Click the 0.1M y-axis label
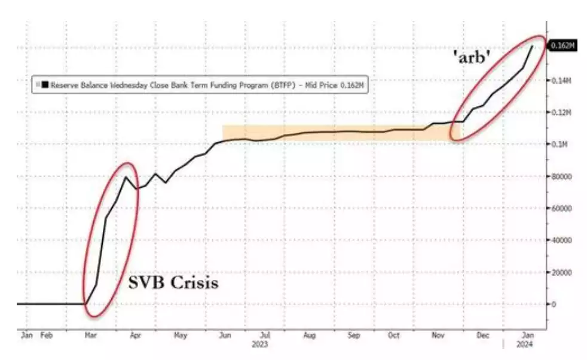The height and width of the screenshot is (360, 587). click(x=558, y=145)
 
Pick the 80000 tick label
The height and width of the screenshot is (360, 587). click(x=561, y=176)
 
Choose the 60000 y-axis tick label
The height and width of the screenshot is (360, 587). click(x=561, y=208)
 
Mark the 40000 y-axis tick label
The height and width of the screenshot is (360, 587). click(x=561, y=240)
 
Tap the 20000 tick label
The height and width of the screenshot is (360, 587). click(x=561, y=272)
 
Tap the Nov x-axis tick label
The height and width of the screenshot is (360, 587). click(x=438, y=335)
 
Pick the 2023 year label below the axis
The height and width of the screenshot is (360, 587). click(x=260, y=345)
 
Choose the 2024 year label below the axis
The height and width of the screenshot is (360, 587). click(x=525, y=345)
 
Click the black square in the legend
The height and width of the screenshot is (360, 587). click(x=45, y=85)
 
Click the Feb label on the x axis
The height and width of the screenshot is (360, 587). click(x=47, y=335)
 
